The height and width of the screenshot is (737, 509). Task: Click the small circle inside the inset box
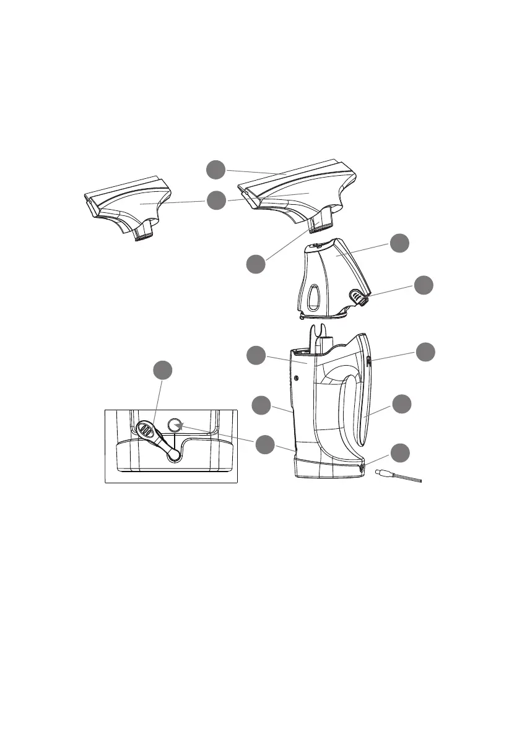pyautogui.click(x=175, y=425)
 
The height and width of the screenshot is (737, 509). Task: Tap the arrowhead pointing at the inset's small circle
pyautogui.click(x=180, y=426)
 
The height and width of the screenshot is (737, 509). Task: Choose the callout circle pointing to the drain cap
pyautogui.click(x=425, y=285)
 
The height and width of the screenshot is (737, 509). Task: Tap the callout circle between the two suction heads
pyautogui.click(x=216, y=200)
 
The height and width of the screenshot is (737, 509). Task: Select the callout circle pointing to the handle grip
pyautogui.click(x=402, y=403)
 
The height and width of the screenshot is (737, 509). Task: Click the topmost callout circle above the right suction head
pyautogui.click(x=216, y=169)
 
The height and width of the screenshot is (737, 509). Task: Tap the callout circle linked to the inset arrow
pyautogui.click(x=266, y=444)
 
